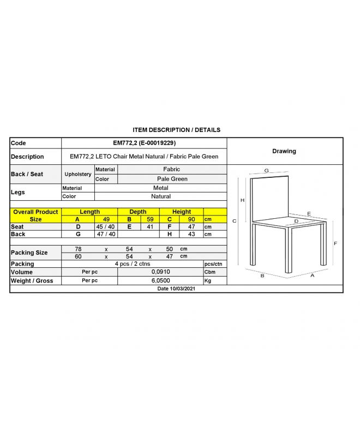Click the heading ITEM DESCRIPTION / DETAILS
[176, 130]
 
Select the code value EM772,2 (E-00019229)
[144, 143]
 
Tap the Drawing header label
[284, 151]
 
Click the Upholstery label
[78, 174]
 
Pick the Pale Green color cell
[172, 179]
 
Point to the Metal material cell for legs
[161, 188]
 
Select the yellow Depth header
[138, 212]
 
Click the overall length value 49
[107, 219]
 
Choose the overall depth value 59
[149, 219]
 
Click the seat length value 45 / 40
[106, 226]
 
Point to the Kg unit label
[207, 280]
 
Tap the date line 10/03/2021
[176, 289]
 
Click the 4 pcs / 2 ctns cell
[131, 264]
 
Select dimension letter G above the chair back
[266, 171]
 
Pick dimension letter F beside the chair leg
[335, 243]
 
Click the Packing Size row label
[29, 253]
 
